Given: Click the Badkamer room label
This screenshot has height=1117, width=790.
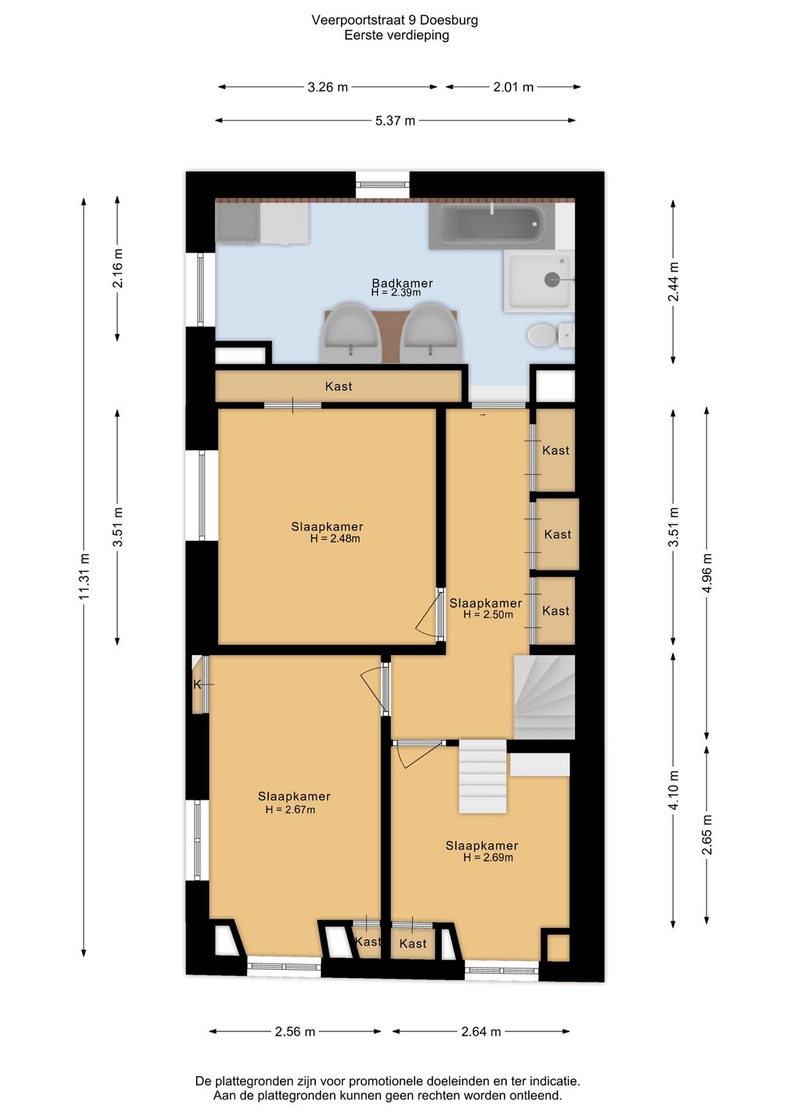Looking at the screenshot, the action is (x=402, y=283).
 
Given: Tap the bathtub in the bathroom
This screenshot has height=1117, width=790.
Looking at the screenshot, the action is (x=492, y=226).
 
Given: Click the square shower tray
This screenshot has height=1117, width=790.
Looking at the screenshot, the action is (x=539, y=281).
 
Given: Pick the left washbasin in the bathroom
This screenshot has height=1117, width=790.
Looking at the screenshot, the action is (x=350, y=332).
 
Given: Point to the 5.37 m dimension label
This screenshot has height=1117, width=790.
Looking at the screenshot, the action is (x=395, y=121).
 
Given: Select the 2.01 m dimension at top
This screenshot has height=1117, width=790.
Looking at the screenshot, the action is (x=513, y=87).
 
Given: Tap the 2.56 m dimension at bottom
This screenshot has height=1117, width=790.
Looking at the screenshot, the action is (x=295, y=1031).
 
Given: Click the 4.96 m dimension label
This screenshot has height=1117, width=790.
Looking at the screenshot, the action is (x=707, y=572).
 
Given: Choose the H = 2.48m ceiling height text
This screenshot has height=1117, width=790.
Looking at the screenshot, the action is (x=335, y=539).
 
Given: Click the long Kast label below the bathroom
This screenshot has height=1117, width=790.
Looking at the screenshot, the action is (x=339, y=386).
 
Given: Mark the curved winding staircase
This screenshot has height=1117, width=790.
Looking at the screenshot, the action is (x=544, y=697).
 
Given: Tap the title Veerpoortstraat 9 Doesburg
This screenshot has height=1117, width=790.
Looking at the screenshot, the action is (x=395, y=20).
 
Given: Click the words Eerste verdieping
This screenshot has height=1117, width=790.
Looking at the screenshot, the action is (x=396, y=35).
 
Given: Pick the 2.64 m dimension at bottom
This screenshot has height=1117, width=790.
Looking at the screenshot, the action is (x=481, y=1031).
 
